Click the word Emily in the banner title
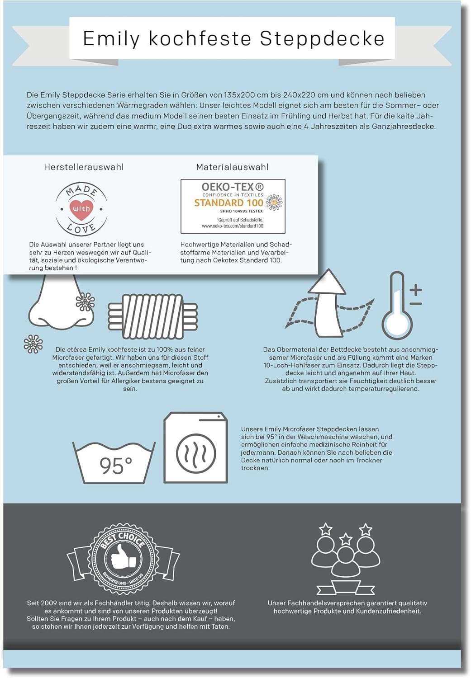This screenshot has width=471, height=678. (x=111, y=38)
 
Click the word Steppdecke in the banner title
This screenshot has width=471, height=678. (x=322, y=39)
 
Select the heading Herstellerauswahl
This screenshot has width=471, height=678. (x=84, y=167)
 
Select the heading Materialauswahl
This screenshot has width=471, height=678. (x=232, y=167)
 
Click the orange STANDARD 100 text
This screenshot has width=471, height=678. (x=228, y=203)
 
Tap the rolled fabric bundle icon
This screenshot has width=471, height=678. (x=153, y=316)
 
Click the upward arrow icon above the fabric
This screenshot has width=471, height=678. (x=327, y=303)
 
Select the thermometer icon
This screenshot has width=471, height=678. (x=397, y=306)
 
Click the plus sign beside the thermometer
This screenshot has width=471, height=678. (x=416, y=290)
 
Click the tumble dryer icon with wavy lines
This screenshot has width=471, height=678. (x=195, y=447)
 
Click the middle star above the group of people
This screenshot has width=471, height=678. (x=346, y=539)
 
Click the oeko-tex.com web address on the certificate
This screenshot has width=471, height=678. (x=233, y=226)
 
